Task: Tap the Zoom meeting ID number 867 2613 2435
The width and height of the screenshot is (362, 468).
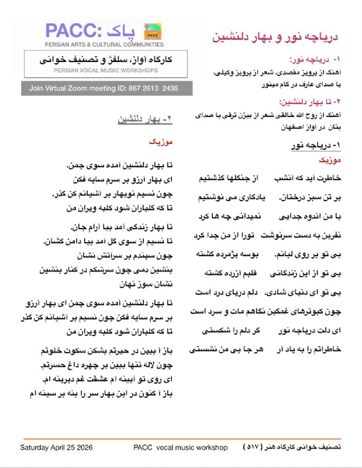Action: coord(151,88)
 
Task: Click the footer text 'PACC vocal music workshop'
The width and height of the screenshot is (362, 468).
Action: coord(180,448)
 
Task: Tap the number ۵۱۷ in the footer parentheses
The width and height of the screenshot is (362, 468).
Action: coord(253,448)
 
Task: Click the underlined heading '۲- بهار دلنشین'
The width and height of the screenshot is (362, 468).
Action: coord(146,118)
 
